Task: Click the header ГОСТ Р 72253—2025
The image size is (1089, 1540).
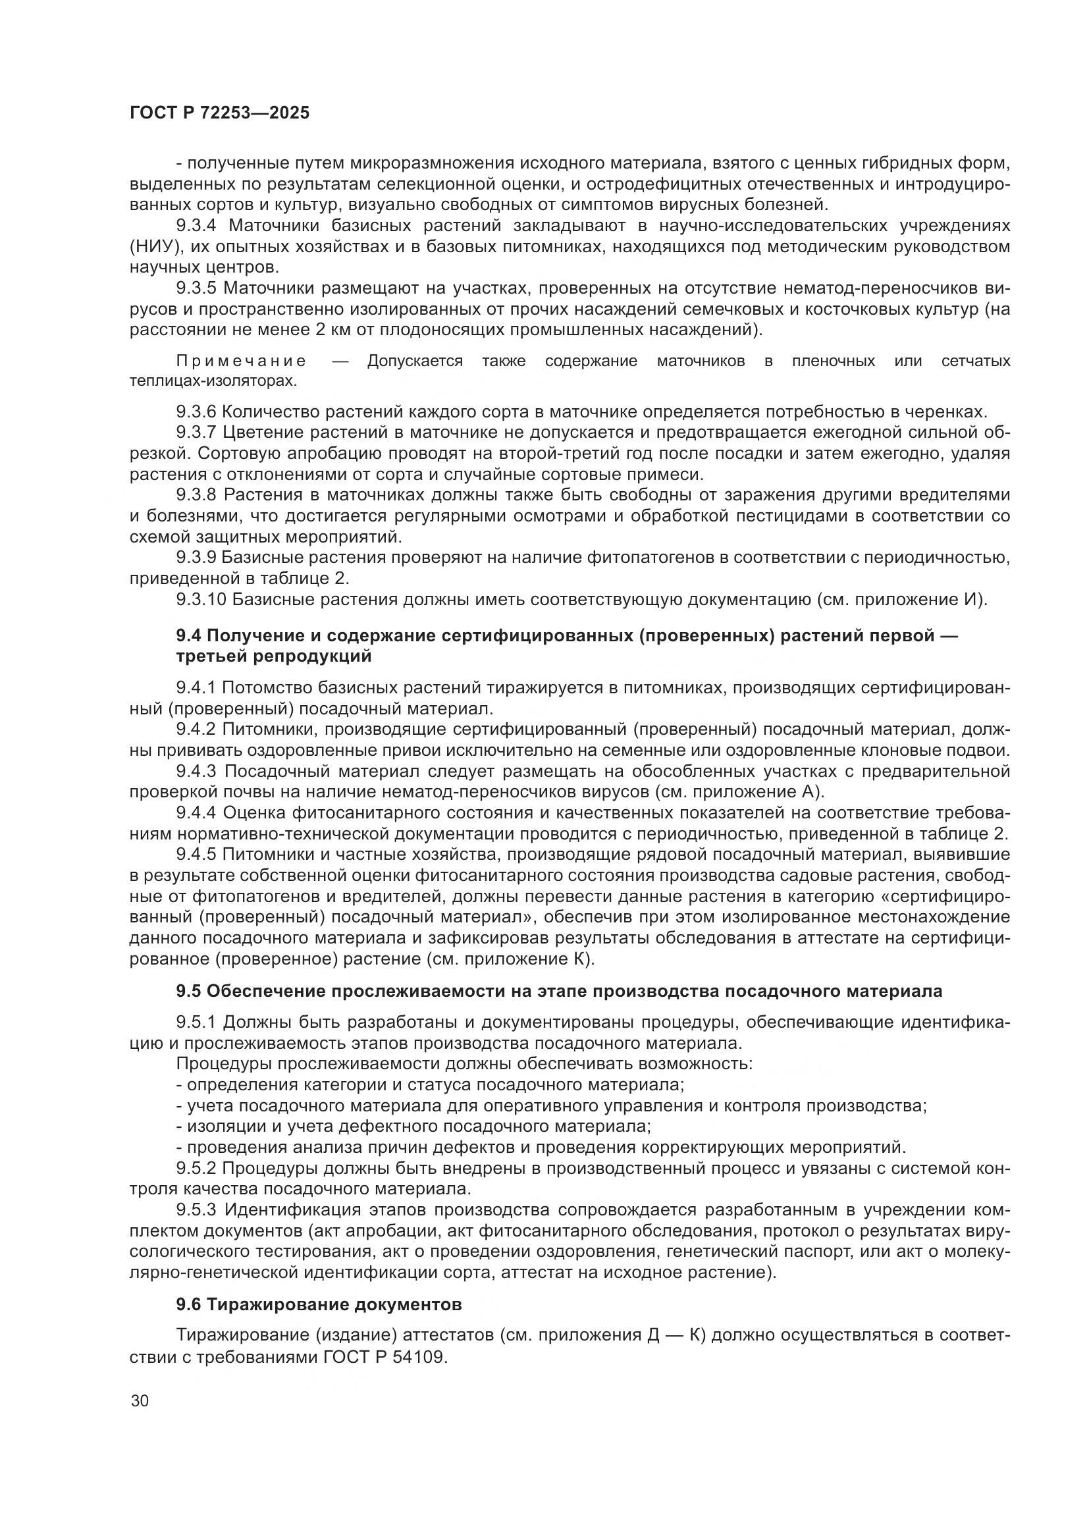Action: [x=219, y=113]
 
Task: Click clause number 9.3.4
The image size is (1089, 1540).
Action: [x=196, y=226]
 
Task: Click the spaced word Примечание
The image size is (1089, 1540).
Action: [x=242, y=361]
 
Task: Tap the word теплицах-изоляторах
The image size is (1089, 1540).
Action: [x=212, y=381]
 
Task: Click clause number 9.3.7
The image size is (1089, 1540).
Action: [x=196, y=433]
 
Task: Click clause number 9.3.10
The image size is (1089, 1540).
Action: [x=201, y=599]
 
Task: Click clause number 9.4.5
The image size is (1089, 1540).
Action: [x=196, y=855]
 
